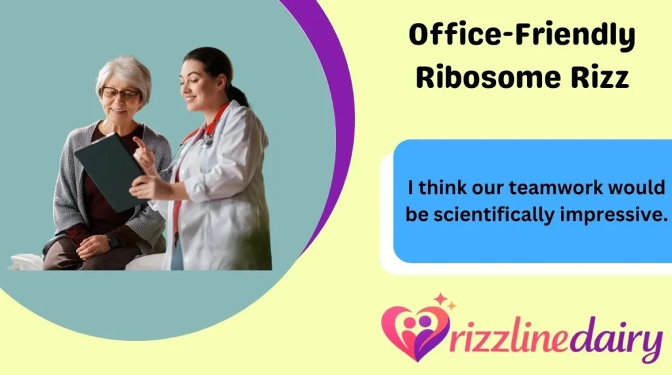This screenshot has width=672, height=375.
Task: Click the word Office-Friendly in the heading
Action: pos(522,35)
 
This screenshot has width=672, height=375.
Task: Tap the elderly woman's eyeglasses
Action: pos(120,93)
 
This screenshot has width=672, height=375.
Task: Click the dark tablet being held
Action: pos(109,171)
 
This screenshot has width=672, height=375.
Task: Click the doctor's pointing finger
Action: pos(139,142)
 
